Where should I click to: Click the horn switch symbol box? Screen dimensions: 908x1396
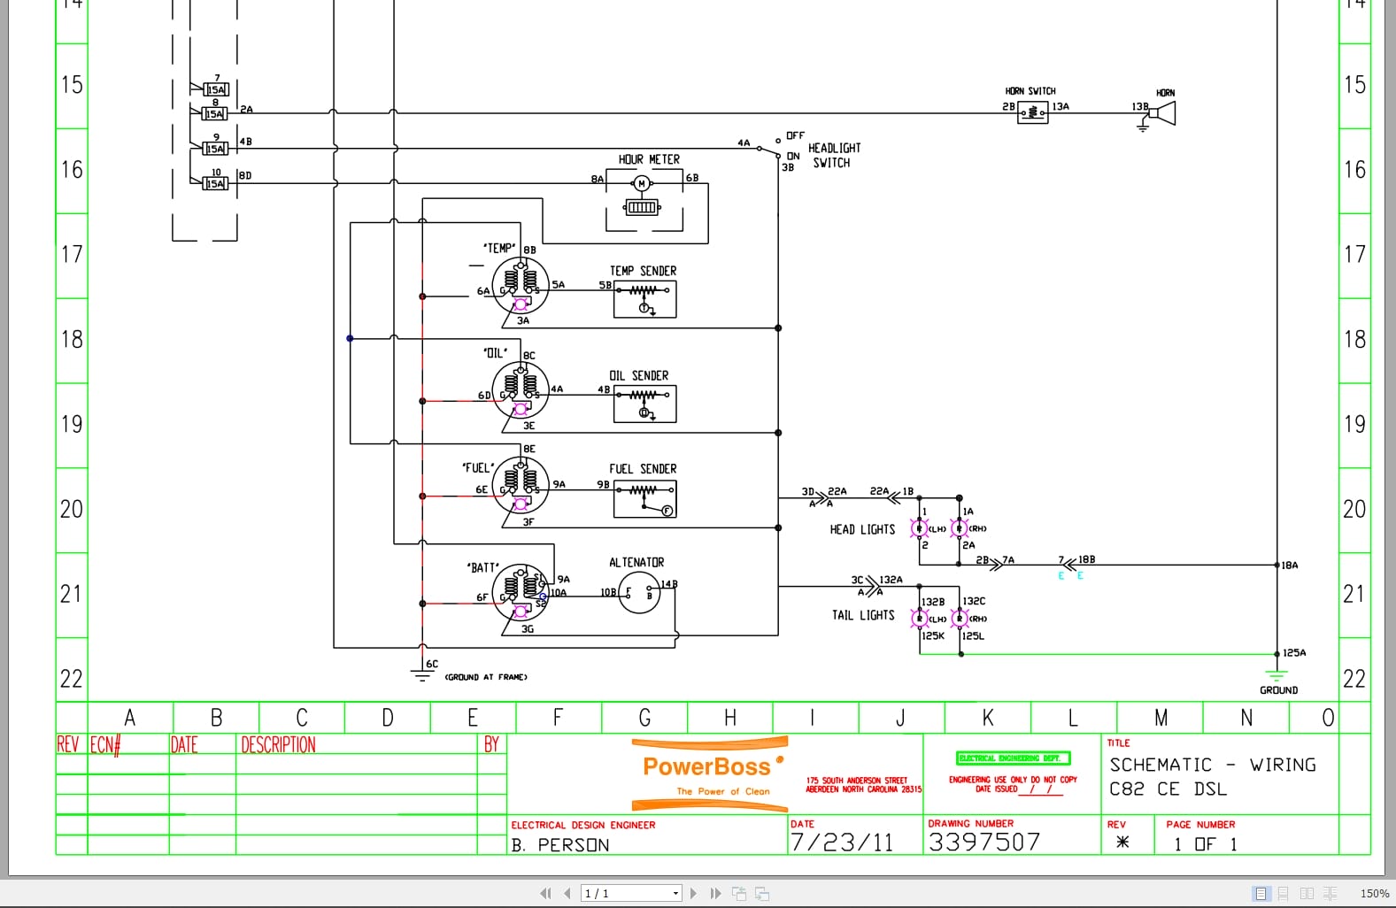(x=1032, y=112)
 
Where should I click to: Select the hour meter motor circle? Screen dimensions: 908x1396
(x=642, y=183)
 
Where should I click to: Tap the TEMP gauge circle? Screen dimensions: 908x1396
(x=521, y=285)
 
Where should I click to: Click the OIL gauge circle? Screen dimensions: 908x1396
(x=521, y=390)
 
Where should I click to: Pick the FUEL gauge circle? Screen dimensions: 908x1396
(x=521, y=485)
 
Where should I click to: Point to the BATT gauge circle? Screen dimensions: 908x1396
(x=521, y=591)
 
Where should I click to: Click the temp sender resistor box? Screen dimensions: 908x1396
(x=645, y=299)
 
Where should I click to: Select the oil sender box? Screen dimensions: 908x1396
(x=645, y=404)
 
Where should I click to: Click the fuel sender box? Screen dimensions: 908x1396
(x=645, y=499)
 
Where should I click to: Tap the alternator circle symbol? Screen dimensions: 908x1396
(x=639, y=593)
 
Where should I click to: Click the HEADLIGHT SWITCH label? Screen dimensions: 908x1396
(x=833, y=156)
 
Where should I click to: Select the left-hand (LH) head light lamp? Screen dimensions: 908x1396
(x=920, y=529)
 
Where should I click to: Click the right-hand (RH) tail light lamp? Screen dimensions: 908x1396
(x=960, y=619)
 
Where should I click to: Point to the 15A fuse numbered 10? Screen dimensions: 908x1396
(x=215, y=183)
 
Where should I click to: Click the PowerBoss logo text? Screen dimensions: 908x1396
(x=706, y=766)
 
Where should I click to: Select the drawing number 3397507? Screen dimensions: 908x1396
(x=984, y=842)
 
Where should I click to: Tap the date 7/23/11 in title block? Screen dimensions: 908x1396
(x=842, y=842)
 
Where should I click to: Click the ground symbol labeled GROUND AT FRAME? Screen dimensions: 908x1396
(x=421, y=674)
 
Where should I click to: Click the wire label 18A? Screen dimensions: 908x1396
(x=1290, y=566)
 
